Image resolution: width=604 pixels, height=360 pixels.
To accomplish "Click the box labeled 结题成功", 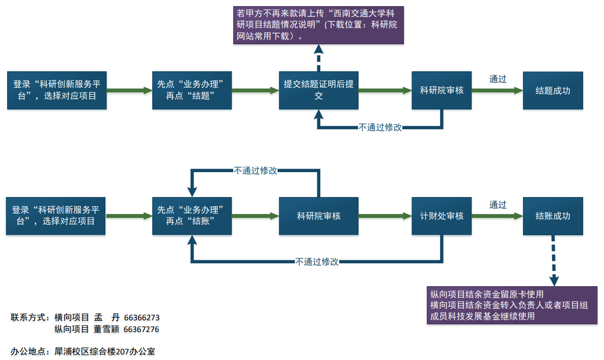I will click(553, 91).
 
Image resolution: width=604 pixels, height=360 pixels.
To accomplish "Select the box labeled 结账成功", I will click(553, 216).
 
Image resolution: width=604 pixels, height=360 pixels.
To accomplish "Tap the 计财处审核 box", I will click(442, 216).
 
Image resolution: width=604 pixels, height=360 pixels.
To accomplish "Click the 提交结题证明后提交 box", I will click(318, 90).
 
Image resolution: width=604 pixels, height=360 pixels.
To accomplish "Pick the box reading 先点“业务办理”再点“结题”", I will click(192, 90).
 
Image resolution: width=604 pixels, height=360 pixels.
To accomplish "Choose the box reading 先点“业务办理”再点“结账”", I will click(192, 216).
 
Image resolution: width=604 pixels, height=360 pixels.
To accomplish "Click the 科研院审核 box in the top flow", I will click(442, 90).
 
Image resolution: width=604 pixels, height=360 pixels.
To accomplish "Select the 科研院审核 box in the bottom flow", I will click(318, 216).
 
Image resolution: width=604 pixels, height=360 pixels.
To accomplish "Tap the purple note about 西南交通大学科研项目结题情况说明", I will click(318, 24).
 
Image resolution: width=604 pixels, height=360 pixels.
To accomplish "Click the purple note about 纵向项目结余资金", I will click(512, 305).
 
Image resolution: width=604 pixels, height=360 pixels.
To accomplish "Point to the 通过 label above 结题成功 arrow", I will click(498, 79).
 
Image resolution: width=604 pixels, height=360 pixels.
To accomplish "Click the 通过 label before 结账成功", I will click(498, 205).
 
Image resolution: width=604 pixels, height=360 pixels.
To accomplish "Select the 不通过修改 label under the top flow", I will click(380, 127).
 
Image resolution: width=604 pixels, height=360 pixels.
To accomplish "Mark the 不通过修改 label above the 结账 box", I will click(256, 171).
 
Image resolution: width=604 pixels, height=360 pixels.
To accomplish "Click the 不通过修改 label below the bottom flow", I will click(317, 262).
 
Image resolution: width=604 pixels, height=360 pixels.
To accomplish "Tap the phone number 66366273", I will click(142, 317).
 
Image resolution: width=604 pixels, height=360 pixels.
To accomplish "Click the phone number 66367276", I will click(141, 329).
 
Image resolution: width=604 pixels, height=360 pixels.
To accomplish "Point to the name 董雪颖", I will click(106, 329).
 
